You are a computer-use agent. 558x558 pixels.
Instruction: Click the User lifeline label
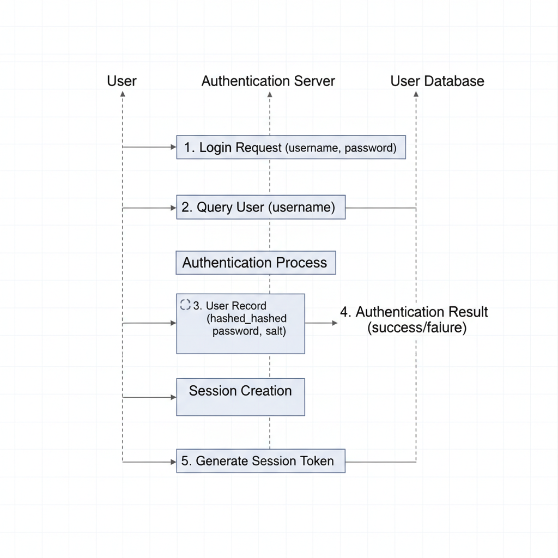122,81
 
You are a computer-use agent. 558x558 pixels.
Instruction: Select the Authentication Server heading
268,81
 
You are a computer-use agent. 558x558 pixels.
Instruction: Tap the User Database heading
437,81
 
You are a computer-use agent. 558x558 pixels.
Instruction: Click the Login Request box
290,147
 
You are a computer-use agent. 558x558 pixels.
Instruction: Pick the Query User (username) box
260,208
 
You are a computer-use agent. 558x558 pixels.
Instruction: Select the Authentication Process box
255,263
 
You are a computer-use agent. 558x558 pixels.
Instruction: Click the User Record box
240,324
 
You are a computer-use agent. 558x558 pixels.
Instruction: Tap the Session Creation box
240,397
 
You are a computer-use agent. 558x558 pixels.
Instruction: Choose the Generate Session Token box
260,461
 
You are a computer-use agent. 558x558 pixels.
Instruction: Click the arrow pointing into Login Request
149,147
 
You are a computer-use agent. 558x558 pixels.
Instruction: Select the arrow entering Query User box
149,208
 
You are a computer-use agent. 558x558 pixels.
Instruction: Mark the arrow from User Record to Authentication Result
322,323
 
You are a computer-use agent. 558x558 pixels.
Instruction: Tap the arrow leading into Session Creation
149,397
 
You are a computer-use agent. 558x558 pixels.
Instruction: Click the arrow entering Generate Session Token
149,462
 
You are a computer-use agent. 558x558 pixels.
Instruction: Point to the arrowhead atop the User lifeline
123,94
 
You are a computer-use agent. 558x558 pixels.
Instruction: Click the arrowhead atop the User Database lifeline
416,94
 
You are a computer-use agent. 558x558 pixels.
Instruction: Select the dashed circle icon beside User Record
185,305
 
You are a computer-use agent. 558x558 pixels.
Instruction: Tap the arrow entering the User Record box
149,323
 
